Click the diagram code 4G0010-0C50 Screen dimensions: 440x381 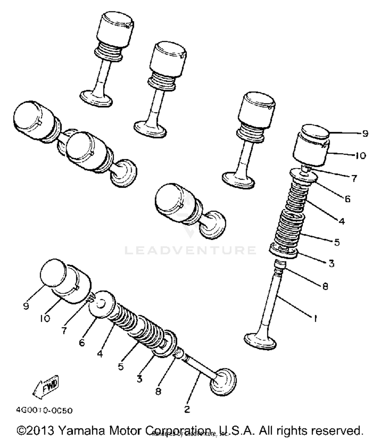click(44, 410)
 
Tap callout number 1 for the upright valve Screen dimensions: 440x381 click(315, 318)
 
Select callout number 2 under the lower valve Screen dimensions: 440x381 click(187, 409)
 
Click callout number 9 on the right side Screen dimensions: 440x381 click(365, 133)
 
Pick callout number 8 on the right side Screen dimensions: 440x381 click(325, 286)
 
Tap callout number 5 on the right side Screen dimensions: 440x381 click(337, 242)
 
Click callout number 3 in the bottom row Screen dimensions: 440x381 click(139, 379)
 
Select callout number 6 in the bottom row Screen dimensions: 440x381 click(82, 343)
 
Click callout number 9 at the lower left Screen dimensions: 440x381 click(26, 306)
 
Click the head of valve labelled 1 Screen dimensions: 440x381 click(260, 341)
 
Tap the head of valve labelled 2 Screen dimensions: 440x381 click(223, 382)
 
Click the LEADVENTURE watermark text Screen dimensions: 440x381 click(190, 250)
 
